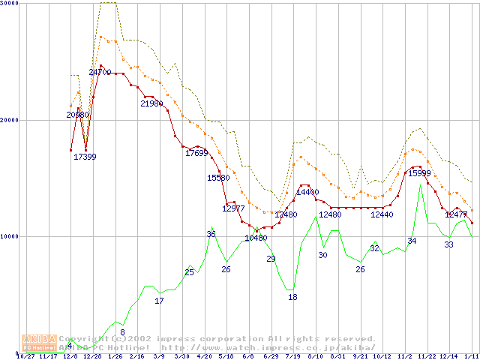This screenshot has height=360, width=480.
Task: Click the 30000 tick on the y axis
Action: click(x=10, y=4)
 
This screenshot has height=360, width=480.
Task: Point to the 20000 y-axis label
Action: click(x=10, y=120)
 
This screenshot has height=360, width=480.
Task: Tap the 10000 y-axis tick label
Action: click(x=10, y=236)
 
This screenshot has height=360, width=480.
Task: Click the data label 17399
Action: click(x=85, y=156)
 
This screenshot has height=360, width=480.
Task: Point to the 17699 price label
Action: click(x=196, y=153)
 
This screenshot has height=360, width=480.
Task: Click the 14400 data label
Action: click(x=307, y=192)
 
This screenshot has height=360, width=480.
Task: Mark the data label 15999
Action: click(x=418, y=173)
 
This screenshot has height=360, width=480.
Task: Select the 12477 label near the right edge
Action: click(x=456, y=214)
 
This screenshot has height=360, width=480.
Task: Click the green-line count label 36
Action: click(x=211, y=234)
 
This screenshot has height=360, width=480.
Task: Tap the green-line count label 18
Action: click(x=292, y=297)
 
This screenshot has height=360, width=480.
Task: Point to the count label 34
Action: click(x=412, y=241)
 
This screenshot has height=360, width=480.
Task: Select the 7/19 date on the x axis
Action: click(x=292, y=356)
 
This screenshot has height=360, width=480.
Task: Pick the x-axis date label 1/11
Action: click(x=470, y=356)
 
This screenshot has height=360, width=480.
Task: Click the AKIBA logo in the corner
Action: click(x=39, y=343)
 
